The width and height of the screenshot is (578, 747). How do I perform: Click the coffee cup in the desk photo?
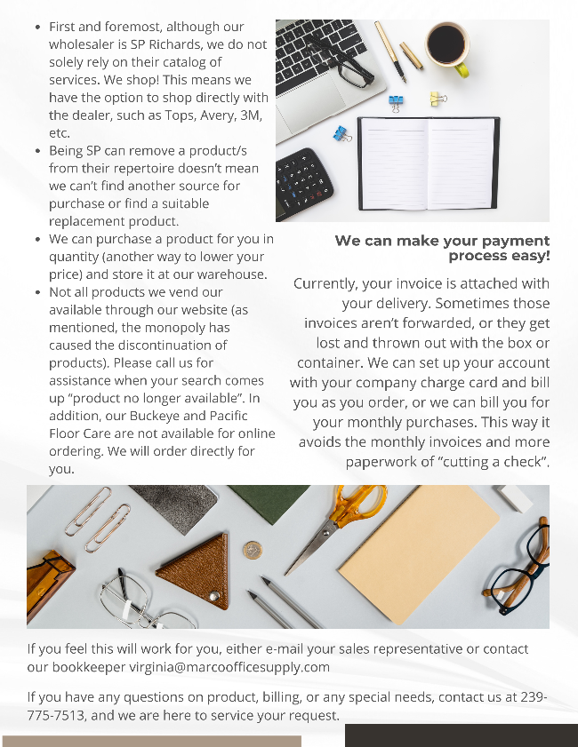click(x=446, y=44)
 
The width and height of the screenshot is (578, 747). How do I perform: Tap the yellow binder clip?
click(x=438, y=98)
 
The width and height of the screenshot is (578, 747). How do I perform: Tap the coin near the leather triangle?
click(x=253, y=551)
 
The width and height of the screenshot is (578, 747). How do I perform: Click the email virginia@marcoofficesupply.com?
click(x=229, y=667)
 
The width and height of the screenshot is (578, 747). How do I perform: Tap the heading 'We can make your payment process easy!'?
click(x=442, y=248)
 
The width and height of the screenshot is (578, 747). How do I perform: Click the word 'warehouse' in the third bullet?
click(x=233, y=274)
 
